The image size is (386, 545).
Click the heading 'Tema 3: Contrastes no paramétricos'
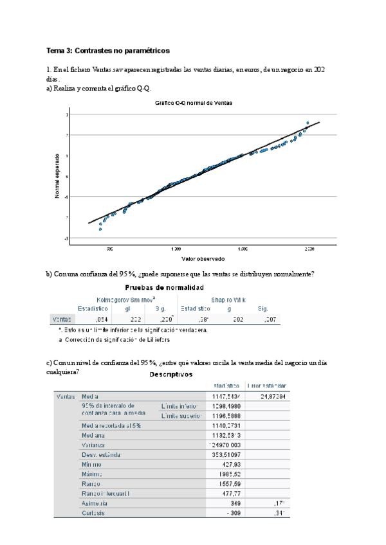(108, 50)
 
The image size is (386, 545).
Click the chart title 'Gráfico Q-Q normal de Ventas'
(194, 103)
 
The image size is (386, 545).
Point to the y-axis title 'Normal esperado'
(57, 175)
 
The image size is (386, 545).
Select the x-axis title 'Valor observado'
(203, 258)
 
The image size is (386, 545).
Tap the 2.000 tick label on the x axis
(309, 248)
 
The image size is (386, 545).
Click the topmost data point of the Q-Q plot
(308, 123)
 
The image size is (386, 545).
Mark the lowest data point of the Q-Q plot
(100, 229)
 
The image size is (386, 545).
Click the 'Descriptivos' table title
(170, 374)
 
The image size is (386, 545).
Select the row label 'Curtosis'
(95, 513)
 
